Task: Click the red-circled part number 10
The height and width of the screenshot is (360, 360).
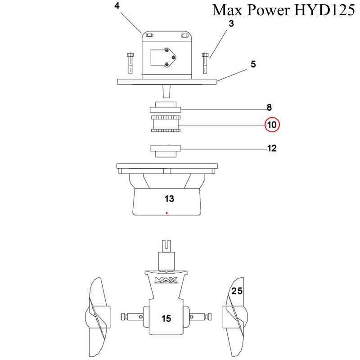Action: pos(272,125)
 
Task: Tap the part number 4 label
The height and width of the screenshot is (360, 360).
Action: pos(117,6)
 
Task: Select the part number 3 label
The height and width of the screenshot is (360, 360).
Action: pos(231,24)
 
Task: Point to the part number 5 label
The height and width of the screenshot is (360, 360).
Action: pos(253,64)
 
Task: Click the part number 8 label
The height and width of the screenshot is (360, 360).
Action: pos(269,108)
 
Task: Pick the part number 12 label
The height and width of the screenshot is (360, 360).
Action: pos(271,148)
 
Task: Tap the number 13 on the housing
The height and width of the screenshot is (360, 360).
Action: pos(169,198)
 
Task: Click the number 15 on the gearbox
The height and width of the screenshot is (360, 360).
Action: pos(166,319)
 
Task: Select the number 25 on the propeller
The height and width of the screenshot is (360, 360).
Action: pos(237,291)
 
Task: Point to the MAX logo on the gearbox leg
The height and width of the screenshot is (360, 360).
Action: pos(166,281)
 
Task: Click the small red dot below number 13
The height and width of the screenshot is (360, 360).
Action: pos(166,212)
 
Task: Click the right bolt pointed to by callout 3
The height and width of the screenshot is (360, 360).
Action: pos(205,62)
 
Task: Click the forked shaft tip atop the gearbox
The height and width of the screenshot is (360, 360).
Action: pos(166,245)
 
